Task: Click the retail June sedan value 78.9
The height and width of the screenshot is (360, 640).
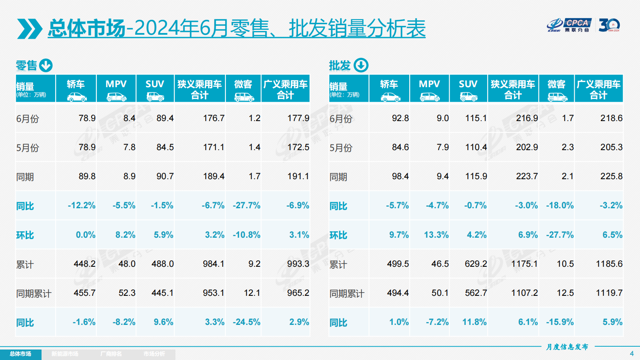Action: click(87, 118)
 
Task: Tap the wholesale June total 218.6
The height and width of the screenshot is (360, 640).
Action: click(611, 118)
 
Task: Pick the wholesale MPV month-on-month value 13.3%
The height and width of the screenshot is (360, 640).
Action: click(436, 235)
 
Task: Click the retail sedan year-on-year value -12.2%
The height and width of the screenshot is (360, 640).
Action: click(81, 205)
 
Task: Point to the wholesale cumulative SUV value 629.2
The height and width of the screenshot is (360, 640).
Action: click(475, 264)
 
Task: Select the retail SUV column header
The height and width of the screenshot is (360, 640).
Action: click(155, 88)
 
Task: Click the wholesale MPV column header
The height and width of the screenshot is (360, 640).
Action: click(429, 88)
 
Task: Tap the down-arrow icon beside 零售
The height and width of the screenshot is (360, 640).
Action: click(46, 65)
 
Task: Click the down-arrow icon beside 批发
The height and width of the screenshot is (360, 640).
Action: click(361, 65)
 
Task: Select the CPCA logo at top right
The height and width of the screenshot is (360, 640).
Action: click(569, 25)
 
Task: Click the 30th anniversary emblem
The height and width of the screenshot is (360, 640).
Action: click(609, 25)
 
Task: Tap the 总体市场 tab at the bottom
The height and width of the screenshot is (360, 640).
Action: click(21, 354)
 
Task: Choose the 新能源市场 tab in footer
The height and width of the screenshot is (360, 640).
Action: click(65, 354)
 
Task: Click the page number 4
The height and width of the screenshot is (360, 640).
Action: click(632, 354)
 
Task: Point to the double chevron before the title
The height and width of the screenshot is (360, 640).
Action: click(29, 29)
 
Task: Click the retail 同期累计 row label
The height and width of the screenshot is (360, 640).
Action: click(33, 293)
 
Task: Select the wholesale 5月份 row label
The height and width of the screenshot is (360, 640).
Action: click(341, 148)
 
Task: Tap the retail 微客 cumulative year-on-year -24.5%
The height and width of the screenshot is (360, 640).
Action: click(246, 322)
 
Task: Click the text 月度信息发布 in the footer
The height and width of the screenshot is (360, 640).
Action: click(567, 347)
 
